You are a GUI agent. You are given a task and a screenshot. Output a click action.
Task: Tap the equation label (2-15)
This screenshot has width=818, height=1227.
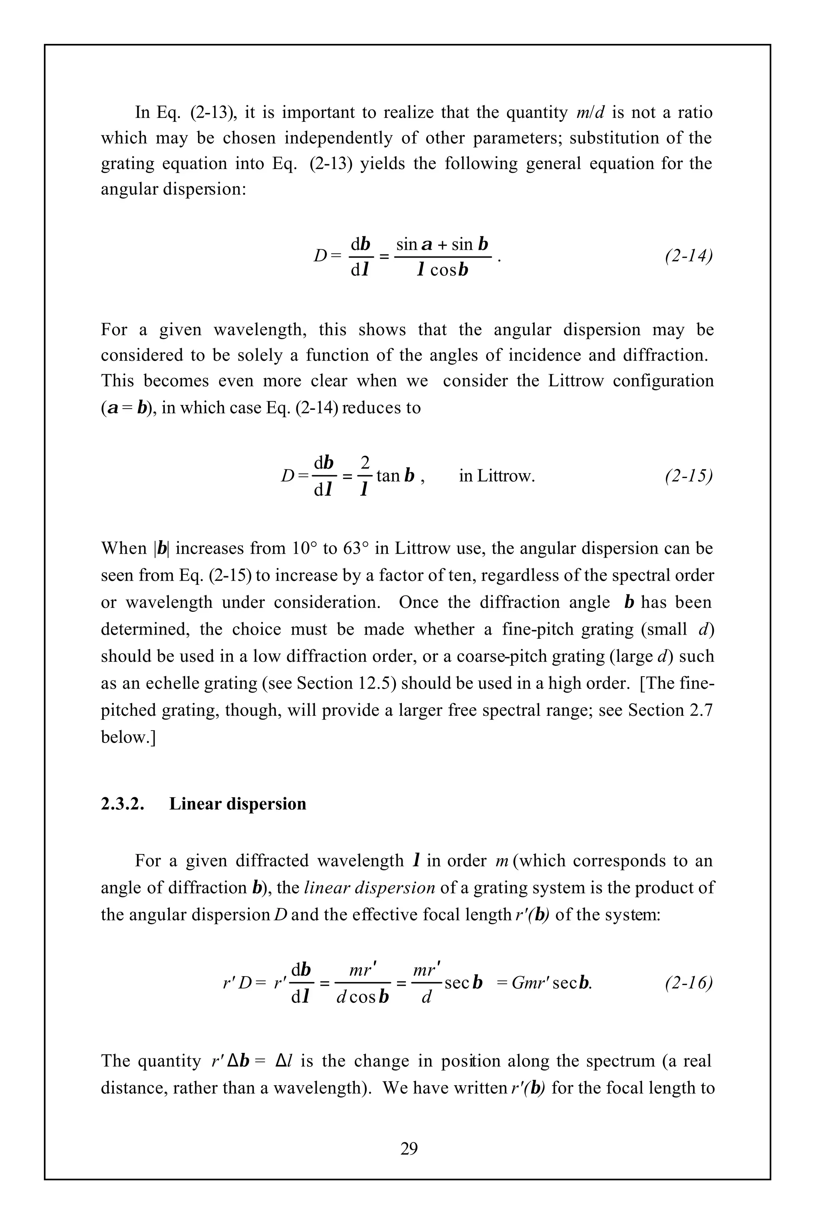(689, 476)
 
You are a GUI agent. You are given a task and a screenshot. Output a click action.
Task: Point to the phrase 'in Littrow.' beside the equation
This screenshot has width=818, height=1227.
(496, 476)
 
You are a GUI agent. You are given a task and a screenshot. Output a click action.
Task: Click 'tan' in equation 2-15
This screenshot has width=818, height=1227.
(387, 476)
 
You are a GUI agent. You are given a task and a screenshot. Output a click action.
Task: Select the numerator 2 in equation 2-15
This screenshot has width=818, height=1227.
(365, 463)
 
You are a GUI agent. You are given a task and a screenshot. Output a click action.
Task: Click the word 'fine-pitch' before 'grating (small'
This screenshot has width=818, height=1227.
(532, 629)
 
